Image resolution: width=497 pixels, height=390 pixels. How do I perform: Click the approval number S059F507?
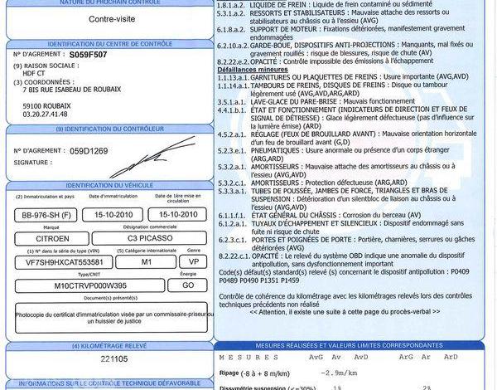coord(89,52)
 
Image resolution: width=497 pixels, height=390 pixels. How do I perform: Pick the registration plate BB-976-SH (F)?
coord(47,215)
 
